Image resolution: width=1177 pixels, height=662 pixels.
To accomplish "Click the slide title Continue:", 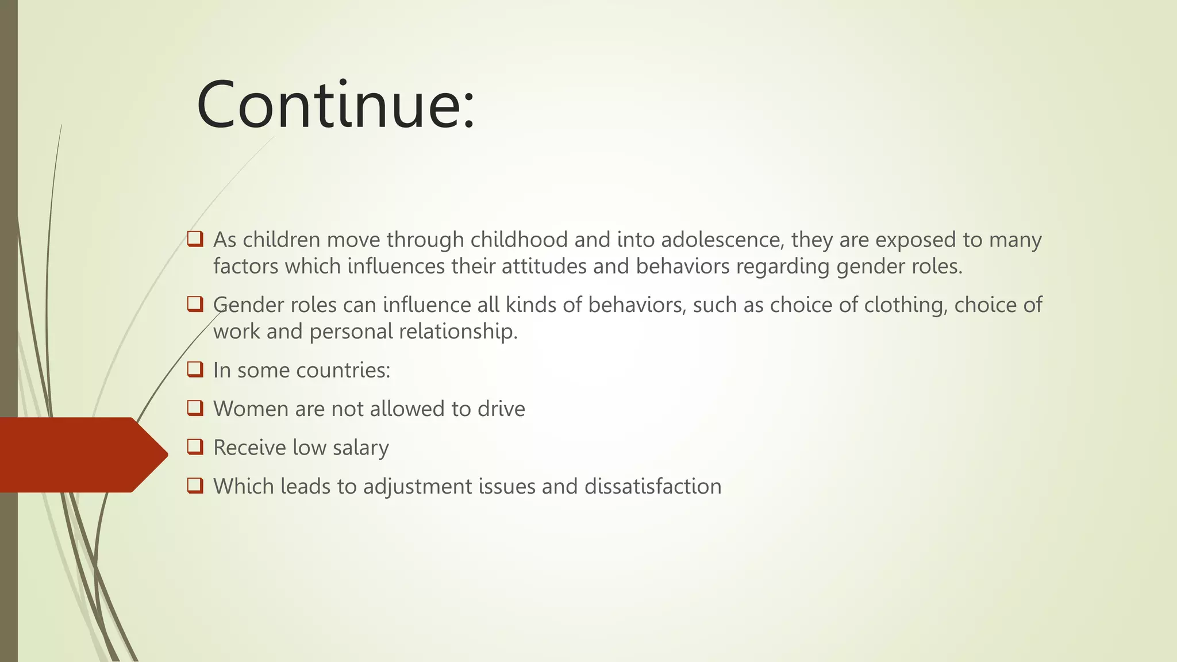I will [x=336, y=106].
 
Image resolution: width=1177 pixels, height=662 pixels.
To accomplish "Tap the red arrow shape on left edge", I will [x=80, y=455].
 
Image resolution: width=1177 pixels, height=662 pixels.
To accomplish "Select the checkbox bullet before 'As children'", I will [x=195, y=239].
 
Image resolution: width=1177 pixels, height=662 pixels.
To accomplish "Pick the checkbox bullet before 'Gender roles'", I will [x=195, y=304].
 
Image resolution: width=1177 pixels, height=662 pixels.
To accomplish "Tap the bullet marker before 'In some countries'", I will [x=195, y=370].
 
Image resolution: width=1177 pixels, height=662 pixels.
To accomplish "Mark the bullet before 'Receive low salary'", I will [x=195, y=447].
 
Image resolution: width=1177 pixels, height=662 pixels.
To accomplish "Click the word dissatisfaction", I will [x=653, y=486].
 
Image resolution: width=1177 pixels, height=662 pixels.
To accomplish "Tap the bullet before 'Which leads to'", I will [x=195, y=486].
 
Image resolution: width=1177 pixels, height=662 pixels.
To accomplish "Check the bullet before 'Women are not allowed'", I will [x=195, y=409].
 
